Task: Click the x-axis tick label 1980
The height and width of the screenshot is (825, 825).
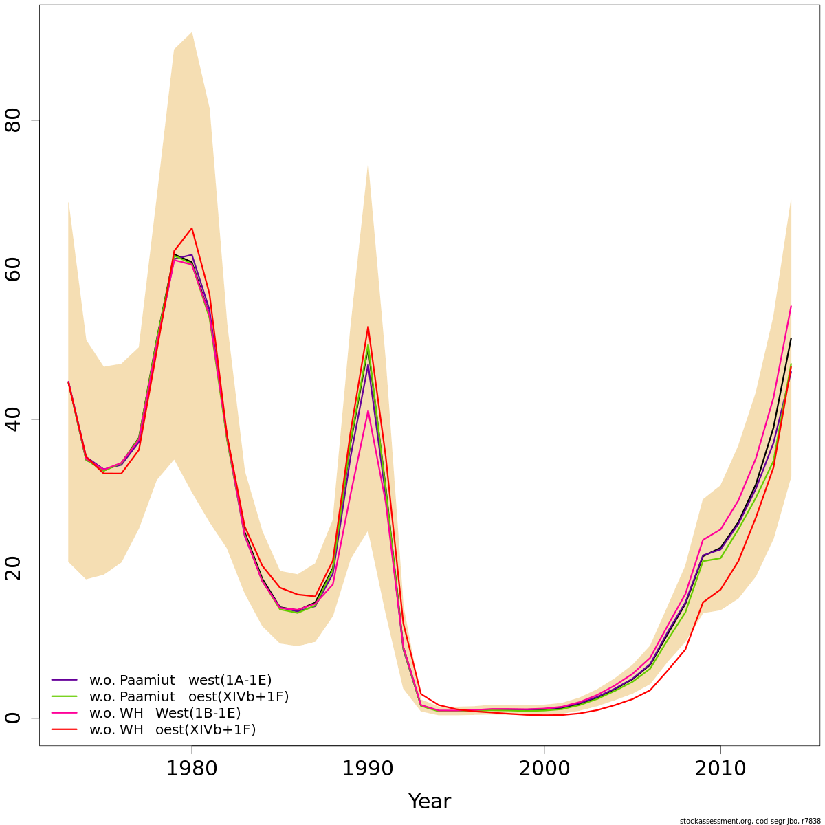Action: pos(192,768)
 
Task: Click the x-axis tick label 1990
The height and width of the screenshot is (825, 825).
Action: pos(368,768)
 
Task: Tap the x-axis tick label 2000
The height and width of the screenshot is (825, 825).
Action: pos(544,768)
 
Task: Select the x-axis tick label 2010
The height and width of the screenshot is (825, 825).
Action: pos(720,768)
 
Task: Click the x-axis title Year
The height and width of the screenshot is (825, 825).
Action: pos(429,802)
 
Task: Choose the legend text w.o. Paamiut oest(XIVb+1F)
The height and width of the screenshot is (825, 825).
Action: pos(189,697)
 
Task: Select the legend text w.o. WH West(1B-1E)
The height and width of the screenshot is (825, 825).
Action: pos(165,714)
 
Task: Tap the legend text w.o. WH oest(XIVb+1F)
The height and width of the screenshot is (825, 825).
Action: pos(173,730)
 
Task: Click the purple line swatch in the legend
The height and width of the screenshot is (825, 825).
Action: pos(65,681)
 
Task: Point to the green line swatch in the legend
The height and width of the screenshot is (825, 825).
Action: pos(65,697)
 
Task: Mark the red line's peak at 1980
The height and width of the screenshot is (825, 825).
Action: pos(192,228)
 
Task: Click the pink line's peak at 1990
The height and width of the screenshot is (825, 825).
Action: pos(368,411)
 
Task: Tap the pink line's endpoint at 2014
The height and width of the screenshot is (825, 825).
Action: pos(791,306)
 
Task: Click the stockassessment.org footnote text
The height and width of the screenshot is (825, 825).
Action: pos(750,821)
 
